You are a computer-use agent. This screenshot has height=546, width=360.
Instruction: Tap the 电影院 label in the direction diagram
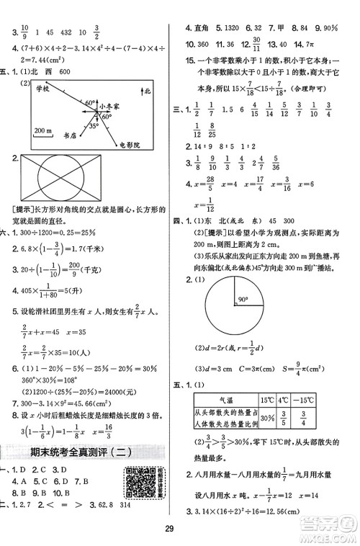[130, 142]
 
